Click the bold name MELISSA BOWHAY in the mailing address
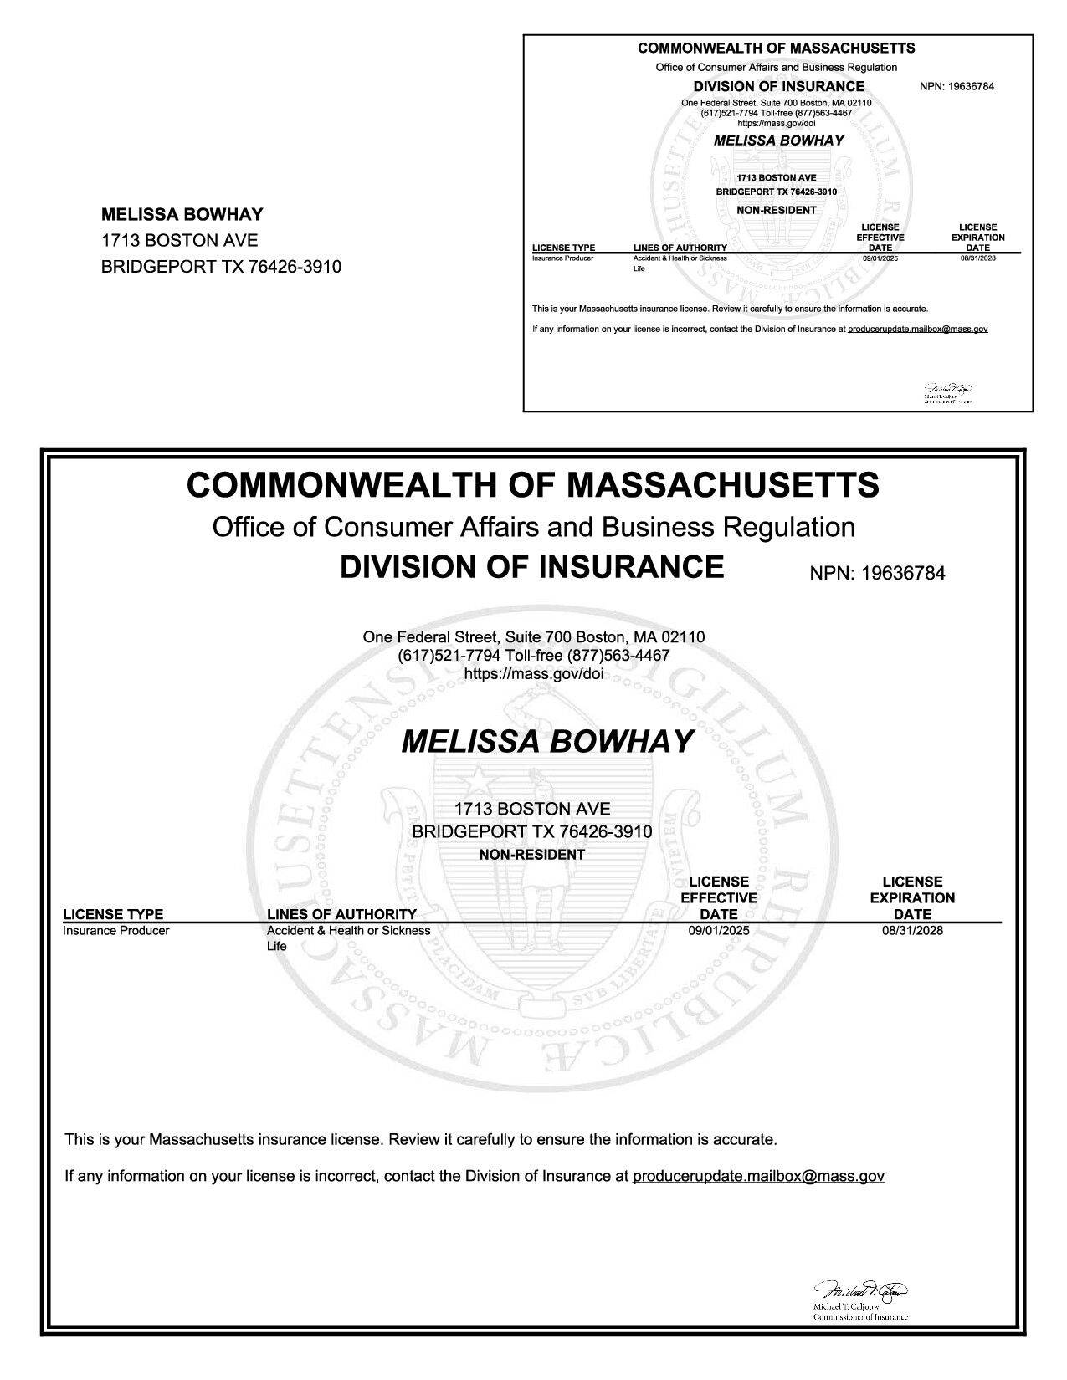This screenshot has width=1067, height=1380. tap(182, 214)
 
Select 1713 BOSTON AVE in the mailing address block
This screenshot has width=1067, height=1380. tap(179, 241)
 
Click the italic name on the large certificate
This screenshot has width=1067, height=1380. tap(548, 741)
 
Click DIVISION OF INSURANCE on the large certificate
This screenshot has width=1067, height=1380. tap(531, 567)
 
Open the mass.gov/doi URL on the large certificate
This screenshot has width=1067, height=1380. tap(533, 672)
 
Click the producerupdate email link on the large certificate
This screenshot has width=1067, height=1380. tap(758, 1176)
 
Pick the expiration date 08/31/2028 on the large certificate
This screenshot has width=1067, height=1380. tap(912, 930)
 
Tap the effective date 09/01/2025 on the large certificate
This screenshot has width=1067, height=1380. tap(718, 930)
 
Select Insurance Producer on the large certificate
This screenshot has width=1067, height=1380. tap(116, 930)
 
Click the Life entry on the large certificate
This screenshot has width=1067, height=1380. tap(276, 946)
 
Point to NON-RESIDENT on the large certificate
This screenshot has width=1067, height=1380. tap(531, 855)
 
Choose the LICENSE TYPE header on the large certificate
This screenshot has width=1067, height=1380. tap(113, 914)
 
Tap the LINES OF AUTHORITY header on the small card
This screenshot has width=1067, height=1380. tap(680, 248)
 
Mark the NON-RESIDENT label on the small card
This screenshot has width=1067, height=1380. tap(776, 210)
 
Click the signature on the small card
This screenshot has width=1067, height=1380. tap(947, 389)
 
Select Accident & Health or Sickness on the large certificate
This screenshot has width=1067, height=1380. tap(348, 930)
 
